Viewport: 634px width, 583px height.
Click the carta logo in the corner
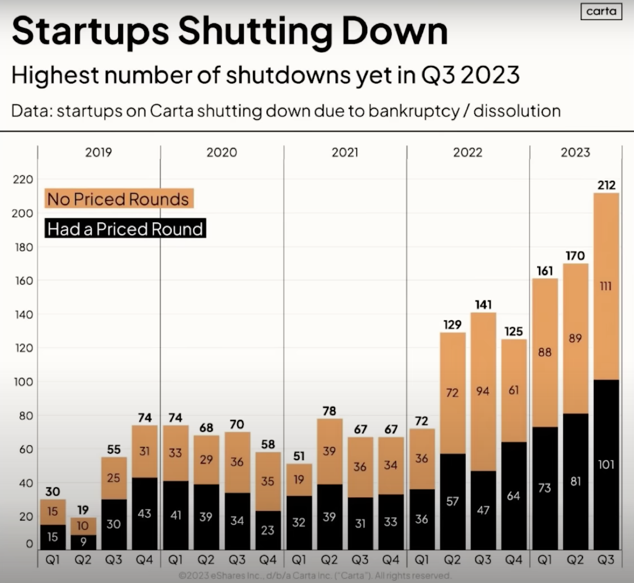(x=601, y=12)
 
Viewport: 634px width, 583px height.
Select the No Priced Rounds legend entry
(x=119, y=199)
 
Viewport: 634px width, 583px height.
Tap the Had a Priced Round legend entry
(x=125, y=228)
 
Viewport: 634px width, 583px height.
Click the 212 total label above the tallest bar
(x=606, y=185)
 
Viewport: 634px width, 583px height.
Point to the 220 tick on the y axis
(x=23, y=180)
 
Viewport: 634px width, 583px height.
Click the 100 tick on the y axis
(x=23, y=382)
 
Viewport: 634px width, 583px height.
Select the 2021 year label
(x=345, y=153)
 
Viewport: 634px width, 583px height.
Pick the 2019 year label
(x=98, y=153)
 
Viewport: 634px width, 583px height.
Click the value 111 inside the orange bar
(x=606, y=286)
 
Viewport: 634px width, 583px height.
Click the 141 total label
(x=483, y=305)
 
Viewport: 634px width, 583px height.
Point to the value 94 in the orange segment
(x=483, y=391)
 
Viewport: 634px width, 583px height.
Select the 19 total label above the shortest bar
(x=83, y=510)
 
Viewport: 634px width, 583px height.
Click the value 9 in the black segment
(x=83, y=542)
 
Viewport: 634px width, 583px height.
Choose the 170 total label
(x=575, y=255)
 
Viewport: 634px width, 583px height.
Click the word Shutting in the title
(x=255, y=32)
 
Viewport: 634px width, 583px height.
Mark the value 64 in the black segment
(x=514, y=496)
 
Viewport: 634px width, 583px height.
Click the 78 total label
(x=329, y=411)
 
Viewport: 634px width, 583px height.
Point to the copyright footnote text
(x=314, y=575)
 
